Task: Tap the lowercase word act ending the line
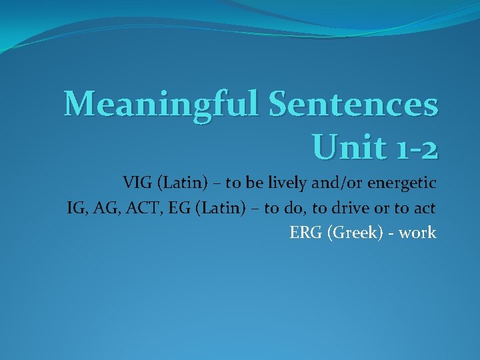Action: click(424, 208)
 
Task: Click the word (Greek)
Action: click(353, 233)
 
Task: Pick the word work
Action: click(418, 233)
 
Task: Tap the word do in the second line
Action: click(299, 208)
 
